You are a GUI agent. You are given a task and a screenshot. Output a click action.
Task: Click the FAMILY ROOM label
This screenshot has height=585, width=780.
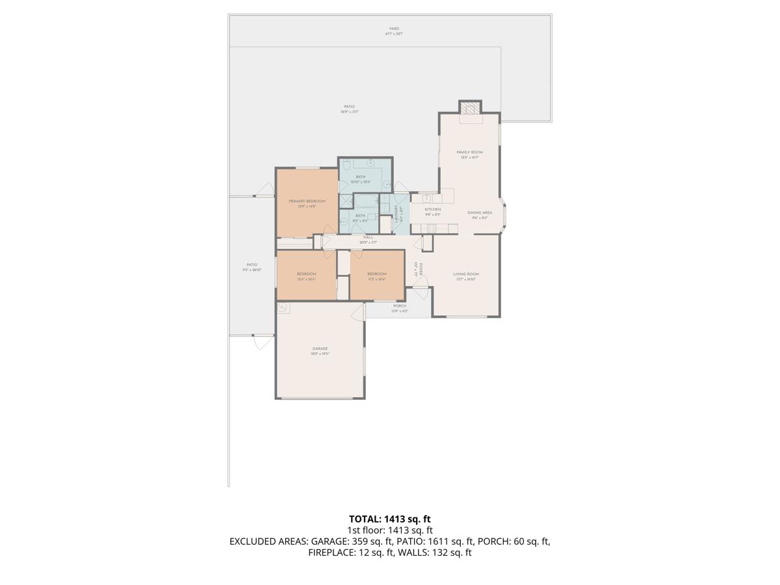[469, 152]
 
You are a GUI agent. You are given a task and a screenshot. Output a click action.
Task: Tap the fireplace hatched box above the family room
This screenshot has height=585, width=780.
[470, 108]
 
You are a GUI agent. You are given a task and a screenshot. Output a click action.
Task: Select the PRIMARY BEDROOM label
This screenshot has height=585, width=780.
[307, 201]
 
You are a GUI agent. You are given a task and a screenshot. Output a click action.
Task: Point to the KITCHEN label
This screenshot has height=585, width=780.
[433, 209]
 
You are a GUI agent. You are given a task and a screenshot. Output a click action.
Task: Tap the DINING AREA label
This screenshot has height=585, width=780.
[479, 213]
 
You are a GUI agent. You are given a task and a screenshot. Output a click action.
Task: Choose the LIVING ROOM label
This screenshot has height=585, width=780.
[466, 274]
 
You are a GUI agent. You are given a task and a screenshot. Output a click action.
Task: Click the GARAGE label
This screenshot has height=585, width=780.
[319, 349]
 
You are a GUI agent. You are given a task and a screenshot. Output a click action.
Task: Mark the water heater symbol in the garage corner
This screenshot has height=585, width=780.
[283, 307]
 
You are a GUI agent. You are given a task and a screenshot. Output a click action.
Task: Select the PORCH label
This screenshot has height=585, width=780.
[400, 306]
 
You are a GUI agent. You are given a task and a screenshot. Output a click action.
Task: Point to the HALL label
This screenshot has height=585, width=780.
[368, 237]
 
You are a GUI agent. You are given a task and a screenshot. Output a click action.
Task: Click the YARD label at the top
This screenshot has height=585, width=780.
[394, 29]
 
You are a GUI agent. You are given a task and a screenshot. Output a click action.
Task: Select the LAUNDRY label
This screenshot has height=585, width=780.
[396, 214]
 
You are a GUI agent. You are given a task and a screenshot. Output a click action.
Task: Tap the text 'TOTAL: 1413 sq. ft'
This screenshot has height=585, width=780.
[389, 519]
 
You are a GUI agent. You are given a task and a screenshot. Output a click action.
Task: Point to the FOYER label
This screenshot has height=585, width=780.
[421, 269]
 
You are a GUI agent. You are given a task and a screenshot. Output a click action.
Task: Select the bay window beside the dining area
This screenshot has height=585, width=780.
[504, 214]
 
